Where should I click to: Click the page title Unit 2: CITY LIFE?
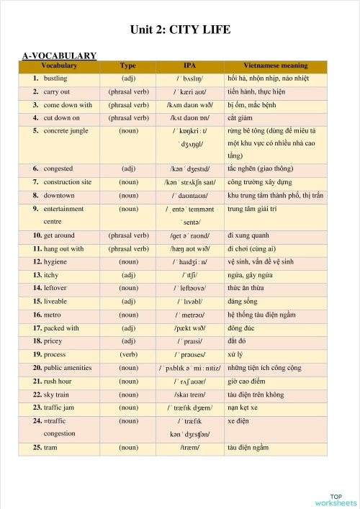[180, 30]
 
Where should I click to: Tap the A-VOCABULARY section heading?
[60, 55]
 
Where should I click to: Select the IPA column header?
[189, 66]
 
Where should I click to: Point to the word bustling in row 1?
[55, 78]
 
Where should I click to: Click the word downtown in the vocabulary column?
[59, 195]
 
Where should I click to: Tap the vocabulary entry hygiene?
[56, 261]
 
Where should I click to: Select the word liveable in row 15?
[57, 301]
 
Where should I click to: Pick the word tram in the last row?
[50, 447]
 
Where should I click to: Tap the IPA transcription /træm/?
[190, 447]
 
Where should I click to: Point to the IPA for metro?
[190, 315]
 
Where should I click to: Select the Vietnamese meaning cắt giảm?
[242, 117]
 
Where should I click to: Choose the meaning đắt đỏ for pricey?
[238, 341]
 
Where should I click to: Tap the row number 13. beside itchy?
[37, 275]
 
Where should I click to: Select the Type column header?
[128, 66]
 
